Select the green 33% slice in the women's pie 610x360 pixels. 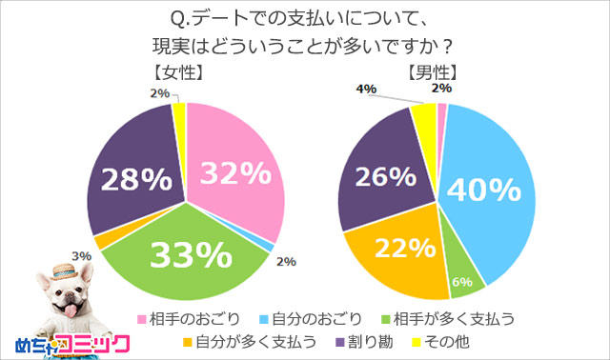click(191, 255)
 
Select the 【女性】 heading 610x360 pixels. click(176, 73)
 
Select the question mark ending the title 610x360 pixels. click(447, 45)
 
